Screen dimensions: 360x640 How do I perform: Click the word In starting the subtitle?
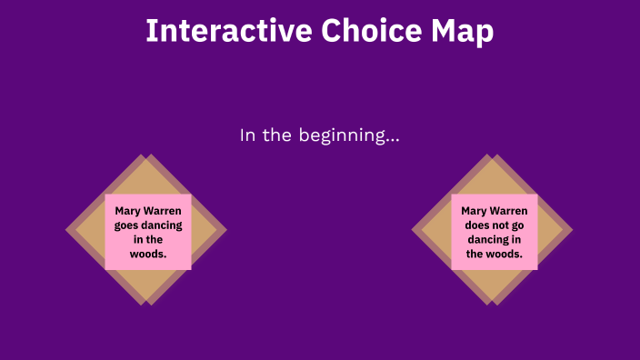click(248, 135)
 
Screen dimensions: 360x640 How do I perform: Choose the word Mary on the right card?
click(475, 210)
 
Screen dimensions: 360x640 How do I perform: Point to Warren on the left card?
click(165, 210)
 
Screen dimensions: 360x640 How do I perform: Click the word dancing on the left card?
click(163, 225)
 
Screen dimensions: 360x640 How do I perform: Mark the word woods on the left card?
click(146, 254)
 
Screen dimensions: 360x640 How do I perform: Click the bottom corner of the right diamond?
click(493, 305)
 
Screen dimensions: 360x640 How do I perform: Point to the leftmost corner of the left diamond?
click(66, 230)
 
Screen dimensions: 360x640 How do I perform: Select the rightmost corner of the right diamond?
click(573, 230)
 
